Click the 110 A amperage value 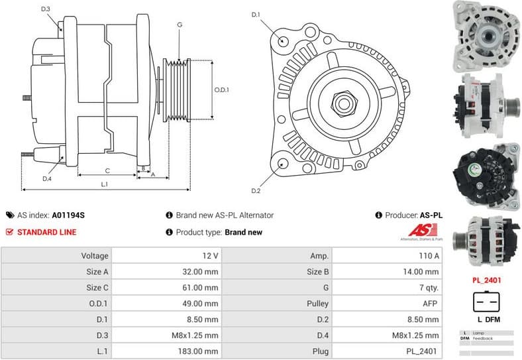pyautogui.click(x=428, y=255)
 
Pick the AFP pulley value pyautogui.click(x=431, y=304)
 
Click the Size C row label pyautogui.click(x=93, y=288)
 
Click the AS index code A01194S pyautogui.click(x=68, y=215)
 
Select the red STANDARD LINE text pyautogui.click(x=46, y=232)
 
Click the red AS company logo pyautogui.click(x=419, y=231)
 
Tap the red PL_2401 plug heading pyautogui.click(x=486, y=280)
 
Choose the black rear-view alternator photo pyautogui.click(x=485, y=174)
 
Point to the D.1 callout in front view pyautogui.click(x=256, y=14)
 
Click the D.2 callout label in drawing pyautogui.click(x=256, y=191)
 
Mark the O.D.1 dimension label pyautogui.click(x=222, y=90)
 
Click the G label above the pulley pyautogui.click(x=179, y=25)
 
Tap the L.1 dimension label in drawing pyautogui.click(x=105, y=184)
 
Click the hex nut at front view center pyautogui.click(x=343, y=103)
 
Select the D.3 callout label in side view pyautogui.click(x=46, y=9)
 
